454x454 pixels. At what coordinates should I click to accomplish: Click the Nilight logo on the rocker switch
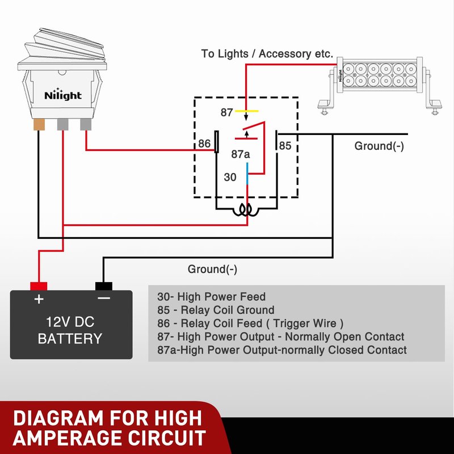63,95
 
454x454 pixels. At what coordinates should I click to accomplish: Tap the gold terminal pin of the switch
39,124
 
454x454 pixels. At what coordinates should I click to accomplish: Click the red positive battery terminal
39,285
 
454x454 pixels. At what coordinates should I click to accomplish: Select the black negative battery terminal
104,285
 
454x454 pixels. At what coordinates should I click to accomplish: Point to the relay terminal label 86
204,144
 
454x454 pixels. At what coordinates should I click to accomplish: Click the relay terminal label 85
285,146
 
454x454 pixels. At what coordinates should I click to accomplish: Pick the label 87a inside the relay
241,154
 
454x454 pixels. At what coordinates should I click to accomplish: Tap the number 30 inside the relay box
230,177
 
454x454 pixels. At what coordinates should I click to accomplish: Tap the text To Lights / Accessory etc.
267,54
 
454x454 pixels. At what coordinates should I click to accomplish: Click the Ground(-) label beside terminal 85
379,146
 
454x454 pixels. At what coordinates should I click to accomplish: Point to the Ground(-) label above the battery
212,269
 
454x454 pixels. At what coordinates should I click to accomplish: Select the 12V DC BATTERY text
70,330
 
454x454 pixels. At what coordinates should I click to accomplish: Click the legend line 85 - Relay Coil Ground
216,310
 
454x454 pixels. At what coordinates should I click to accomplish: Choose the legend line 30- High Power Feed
211,296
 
